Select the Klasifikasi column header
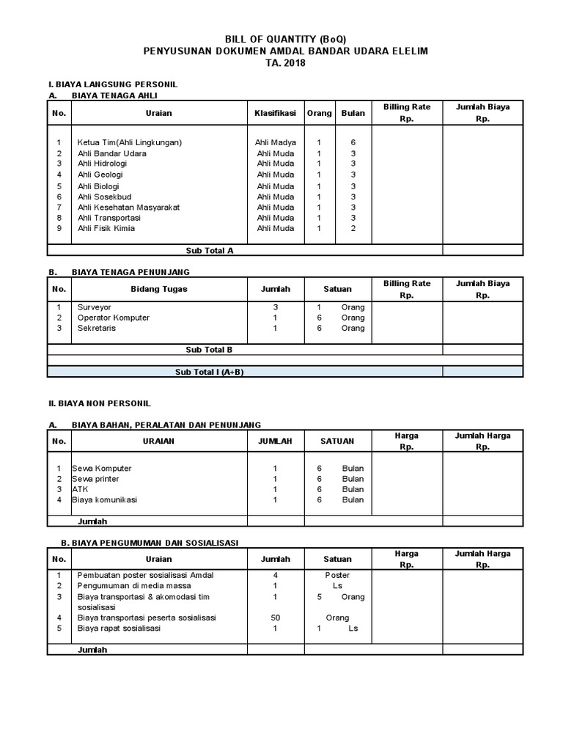(275, 113)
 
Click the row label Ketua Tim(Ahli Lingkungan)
(130, 142)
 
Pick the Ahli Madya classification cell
(275, 142)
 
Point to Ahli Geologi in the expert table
(100, 175)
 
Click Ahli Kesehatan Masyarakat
(128, 207)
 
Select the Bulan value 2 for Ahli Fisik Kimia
(353, 228)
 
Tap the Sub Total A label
(209, 250)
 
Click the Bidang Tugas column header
(158, 289)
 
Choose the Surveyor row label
(95, 307)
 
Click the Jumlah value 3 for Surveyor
(275, 307)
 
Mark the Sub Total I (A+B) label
(209, 372)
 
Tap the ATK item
(79, 489)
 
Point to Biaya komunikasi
(104, 499)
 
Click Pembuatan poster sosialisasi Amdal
(145, 575)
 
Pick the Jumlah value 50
(275, 618)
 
